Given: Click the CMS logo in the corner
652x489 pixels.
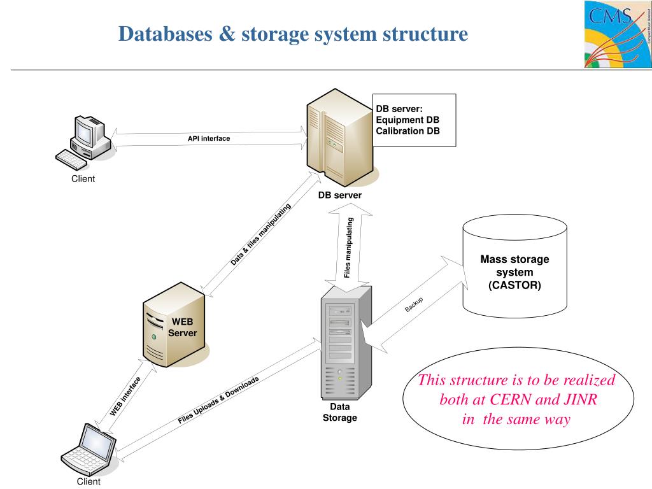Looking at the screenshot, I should click(617, 34).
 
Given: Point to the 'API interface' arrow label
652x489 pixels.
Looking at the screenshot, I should click(209, 138).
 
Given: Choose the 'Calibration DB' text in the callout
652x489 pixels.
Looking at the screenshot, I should click(407, 131).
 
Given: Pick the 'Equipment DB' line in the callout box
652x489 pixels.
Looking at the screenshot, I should click(407, 120).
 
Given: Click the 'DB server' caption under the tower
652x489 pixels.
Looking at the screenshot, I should click(340, 195).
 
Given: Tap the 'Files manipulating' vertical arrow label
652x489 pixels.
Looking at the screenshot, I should click(348, 248).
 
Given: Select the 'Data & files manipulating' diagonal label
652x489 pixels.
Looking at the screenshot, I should click(260, 235).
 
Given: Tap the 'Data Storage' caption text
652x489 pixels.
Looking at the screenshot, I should click(340, 412).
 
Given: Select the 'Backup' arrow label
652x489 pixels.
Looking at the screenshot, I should click(414, 305).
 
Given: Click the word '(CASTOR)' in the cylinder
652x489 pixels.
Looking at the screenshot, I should click(514, 285).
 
